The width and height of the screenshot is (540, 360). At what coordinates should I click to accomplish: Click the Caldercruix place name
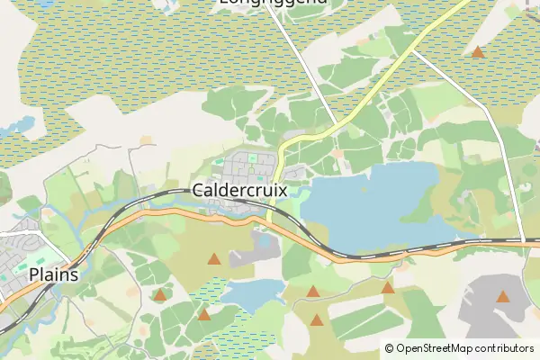(x=238, y=191)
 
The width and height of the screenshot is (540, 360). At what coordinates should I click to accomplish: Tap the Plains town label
(x=53, y=274)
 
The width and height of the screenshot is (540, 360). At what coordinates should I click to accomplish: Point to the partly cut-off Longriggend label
(x=273, y=3)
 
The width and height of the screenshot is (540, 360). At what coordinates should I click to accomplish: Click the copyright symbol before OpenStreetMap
(x=390, y=348)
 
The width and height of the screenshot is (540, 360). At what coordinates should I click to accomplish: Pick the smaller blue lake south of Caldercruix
(x=252, y=292)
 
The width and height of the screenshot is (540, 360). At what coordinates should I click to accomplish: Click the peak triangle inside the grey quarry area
(x=502, y=296)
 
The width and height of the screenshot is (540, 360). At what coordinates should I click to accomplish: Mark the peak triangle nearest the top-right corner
(x=478, y=52)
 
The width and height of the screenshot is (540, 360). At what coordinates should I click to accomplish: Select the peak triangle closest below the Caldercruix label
(x=213, y=259)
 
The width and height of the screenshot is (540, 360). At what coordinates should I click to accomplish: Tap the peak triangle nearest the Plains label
(x=159, y=294)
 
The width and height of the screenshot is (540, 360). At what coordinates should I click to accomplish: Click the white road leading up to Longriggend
(x=301, y=63)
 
